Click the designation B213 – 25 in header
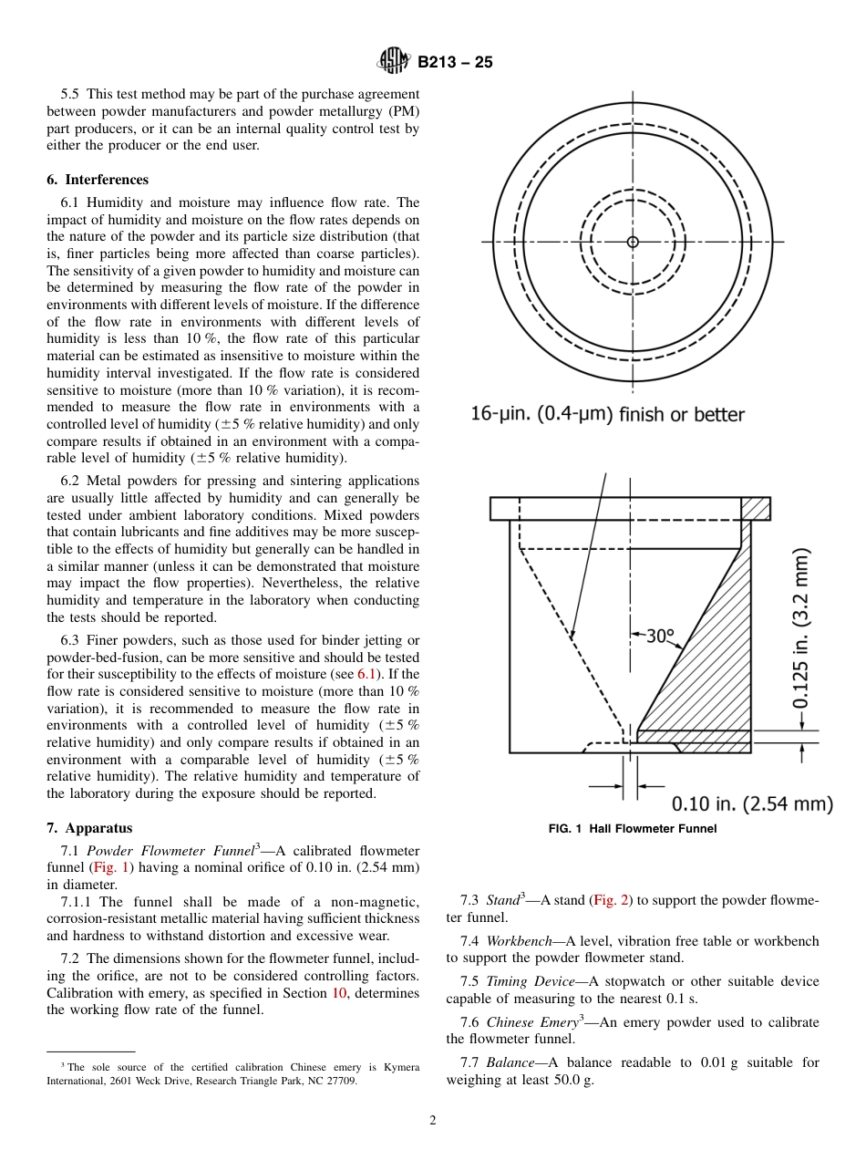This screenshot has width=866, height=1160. pos(455,63)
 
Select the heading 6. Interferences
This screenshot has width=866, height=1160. pos(98,180)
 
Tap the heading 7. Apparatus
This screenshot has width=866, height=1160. pos(89,828)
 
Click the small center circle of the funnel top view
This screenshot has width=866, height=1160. pos(633,242)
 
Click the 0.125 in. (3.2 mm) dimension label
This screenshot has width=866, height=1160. pos(801,629)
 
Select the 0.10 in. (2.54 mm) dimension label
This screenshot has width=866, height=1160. pos(752,803)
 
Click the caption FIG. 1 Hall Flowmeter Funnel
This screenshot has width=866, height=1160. pos(632,829)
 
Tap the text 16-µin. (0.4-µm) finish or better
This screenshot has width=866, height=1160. pos(607,414)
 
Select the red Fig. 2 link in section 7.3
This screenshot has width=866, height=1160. pos(611,900)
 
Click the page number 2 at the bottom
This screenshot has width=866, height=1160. pos(433,1121)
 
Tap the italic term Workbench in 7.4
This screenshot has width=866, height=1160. pos(516,940)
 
